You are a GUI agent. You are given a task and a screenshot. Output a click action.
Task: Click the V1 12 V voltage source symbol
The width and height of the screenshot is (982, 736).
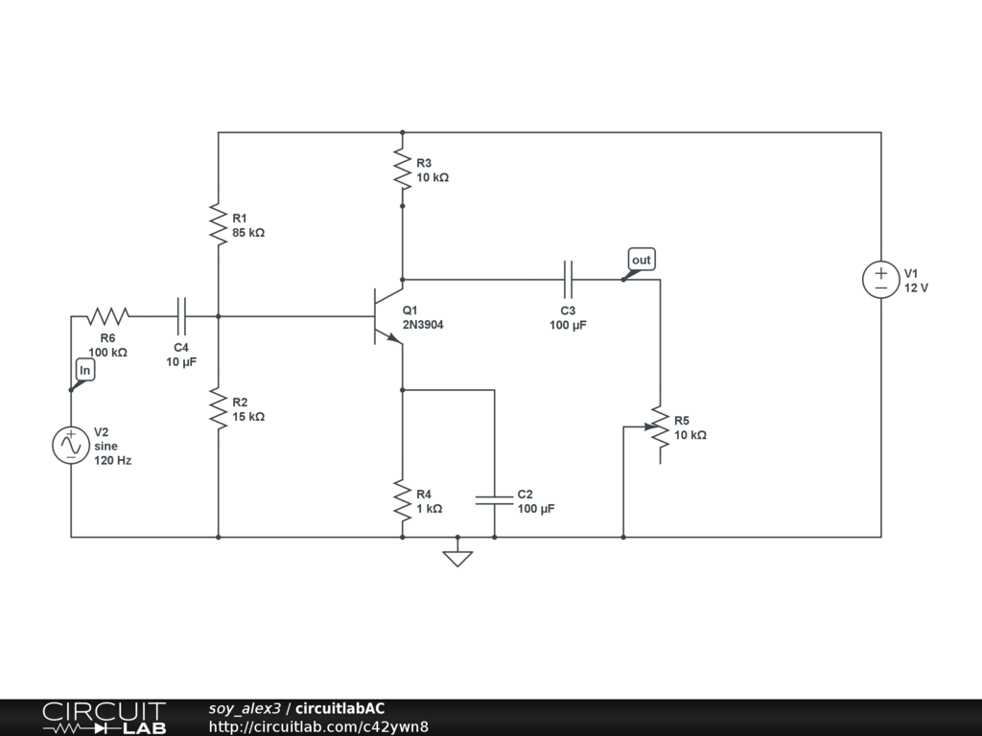(880, 280)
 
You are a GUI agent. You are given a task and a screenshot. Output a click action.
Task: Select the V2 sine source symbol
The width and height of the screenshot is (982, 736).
(71, 446)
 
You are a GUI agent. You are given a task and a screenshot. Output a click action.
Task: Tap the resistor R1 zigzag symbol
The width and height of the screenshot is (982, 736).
(219, 225)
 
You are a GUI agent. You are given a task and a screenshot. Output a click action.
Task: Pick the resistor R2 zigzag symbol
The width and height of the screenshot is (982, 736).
(219, 409)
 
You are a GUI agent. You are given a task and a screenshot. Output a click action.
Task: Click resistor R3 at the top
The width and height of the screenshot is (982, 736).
(402, 170)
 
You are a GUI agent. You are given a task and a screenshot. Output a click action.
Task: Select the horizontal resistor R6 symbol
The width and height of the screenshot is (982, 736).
(108, 315)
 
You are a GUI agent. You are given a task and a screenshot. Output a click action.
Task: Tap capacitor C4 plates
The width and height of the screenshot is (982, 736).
(182, 315)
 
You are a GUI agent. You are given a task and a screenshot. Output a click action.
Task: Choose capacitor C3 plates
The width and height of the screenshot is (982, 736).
(568, 280)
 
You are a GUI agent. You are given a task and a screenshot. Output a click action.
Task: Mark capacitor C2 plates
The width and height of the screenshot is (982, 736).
(494, 500)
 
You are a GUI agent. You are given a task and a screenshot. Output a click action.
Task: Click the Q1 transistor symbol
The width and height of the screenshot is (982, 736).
(386, 316)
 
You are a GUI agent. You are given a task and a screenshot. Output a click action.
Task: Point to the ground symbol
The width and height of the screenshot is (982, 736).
(457, 556)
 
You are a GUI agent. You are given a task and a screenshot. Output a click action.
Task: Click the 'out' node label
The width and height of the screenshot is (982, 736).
(641, 260)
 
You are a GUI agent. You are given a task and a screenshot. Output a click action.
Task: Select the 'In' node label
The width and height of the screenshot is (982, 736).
(84, 370)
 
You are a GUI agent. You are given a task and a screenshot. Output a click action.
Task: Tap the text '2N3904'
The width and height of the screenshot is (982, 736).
(423, 325)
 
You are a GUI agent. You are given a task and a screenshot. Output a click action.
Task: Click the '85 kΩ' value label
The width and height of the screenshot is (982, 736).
(248, 233)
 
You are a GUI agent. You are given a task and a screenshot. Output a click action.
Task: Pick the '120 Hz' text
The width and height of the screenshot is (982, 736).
(112, 461)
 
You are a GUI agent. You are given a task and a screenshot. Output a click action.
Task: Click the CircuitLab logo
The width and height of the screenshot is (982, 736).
(104, 717)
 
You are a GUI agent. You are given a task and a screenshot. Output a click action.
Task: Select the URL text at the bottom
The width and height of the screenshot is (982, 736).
(318, 726)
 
